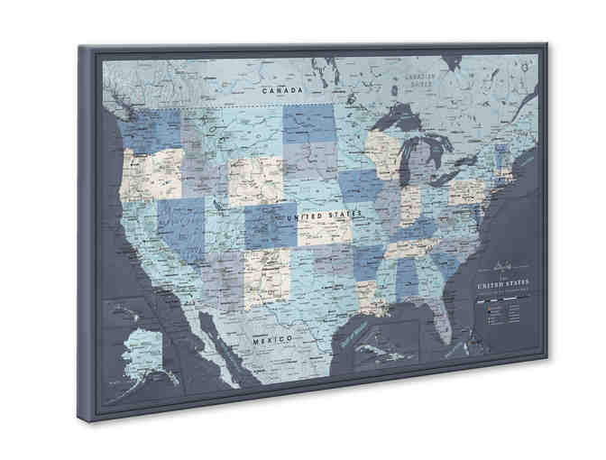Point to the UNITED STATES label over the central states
click(x=322, y=216)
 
